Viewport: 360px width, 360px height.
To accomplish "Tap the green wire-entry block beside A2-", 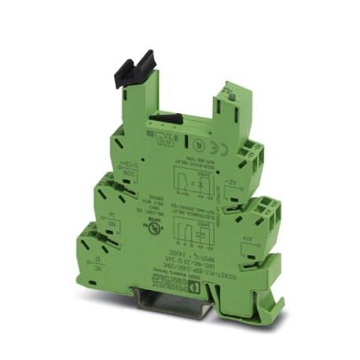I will pos(254,152).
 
